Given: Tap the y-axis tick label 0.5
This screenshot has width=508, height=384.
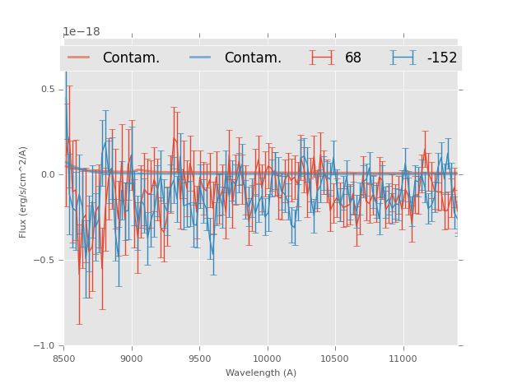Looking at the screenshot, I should coord(48,89).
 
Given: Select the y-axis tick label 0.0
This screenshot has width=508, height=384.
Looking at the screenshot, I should coord(48,174).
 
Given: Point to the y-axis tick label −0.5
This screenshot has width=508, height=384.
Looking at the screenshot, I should coord(45,260).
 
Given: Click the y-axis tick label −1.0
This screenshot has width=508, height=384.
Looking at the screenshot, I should coord(45,346).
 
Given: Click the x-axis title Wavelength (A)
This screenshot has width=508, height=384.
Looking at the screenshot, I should coord(261,373).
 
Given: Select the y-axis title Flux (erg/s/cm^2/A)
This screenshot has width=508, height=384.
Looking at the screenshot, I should coord(24,192).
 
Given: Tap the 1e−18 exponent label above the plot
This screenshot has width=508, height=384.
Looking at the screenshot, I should coord(82,32).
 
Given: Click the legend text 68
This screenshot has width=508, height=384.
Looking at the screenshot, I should coord(352,58).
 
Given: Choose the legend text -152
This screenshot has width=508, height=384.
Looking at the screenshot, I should coord(441,58).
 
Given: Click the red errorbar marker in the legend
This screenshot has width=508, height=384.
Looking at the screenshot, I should coord(322,58).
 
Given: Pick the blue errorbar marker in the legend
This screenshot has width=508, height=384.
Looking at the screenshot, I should coord(403,58).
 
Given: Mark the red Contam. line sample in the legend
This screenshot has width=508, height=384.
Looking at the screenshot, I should coord(79,58).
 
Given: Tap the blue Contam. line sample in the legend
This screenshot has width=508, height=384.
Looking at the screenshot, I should coord(201,58).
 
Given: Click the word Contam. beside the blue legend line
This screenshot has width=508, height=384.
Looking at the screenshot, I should coord(253,58).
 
